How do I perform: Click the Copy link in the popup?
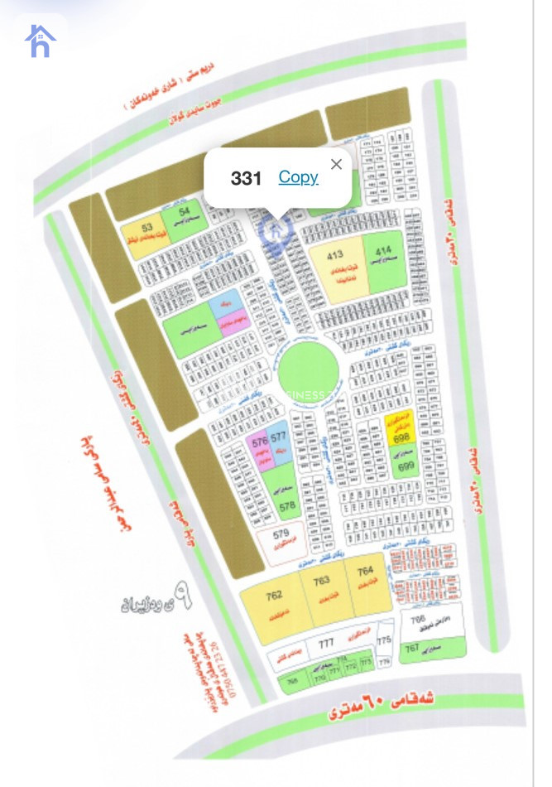[298, 177]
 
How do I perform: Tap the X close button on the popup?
[336, 164]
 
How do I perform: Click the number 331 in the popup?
[246, 178]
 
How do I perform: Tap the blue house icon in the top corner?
[40, 41]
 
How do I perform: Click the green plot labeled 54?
[183, 216]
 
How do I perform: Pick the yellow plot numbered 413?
[338, 264]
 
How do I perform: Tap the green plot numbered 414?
[384, 260]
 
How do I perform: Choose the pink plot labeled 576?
[260, 449]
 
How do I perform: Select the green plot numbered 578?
[286, 497]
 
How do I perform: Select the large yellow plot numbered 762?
[276, 605]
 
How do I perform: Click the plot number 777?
[326, 644]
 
